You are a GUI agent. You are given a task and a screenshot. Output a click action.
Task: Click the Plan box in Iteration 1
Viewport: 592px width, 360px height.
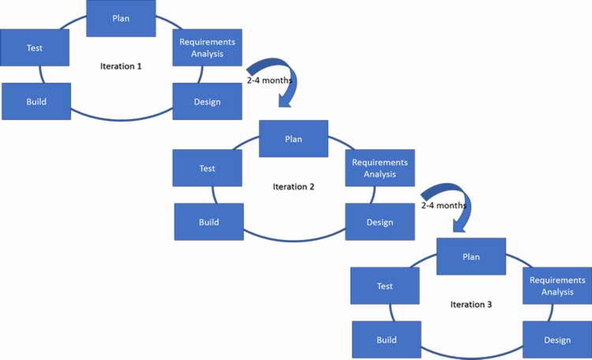(121, 19)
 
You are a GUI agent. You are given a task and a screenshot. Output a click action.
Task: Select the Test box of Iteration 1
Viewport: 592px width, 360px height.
(35, 48)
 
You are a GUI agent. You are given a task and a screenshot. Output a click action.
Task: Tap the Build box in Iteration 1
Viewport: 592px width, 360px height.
(36, 101)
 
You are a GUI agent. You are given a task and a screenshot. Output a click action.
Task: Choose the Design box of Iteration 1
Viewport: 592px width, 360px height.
(207, 101)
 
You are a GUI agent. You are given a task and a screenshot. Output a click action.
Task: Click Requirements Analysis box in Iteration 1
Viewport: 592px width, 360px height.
(207, 48)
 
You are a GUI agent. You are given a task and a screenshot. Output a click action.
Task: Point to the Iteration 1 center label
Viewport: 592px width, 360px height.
(121, 66)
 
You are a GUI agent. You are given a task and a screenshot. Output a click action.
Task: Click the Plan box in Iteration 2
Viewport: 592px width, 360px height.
(294, 139)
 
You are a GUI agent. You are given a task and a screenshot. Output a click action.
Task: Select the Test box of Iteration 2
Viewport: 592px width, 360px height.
(207, 168)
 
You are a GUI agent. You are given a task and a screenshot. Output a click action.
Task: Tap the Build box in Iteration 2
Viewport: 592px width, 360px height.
(209, 222)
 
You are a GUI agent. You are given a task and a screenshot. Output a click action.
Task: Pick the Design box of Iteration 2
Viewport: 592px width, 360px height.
(380, 222)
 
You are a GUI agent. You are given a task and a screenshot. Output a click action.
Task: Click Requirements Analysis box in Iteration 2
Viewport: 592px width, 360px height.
(380, 168)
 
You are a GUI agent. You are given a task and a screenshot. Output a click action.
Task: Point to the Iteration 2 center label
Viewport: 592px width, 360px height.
(294, 187)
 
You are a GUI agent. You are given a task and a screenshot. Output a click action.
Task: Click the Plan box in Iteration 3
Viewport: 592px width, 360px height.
(471, 257)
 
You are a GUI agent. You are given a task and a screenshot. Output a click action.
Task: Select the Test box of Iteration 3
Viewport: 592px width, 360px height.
(385, 286)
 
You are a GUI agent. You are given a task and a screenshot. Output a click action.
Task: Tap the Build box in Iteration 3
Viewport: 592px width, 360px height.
(387, 340)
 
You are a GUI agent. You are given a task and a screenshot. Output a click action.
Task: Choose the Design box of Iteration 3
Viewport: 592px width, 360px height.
(557, 340)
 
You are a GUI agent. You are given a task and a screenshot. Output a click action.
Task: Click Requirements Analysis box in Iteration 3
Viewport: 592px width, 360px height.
(557, 286)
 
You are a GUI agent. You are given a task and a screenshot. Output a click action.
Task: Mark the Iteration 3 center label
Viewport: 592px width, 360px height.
(471, 304)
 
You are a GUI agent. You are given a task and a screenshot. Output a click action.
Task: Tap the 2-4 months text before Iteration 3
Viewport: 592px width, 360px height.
(443, 205)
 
